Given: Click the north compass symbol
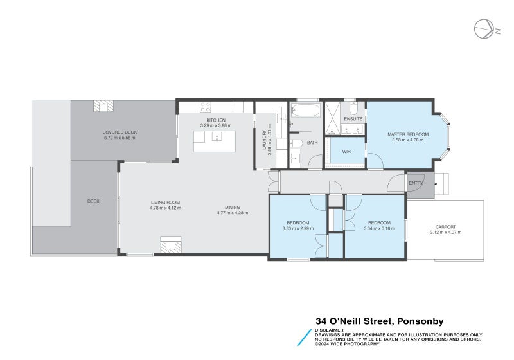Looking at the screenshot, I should point(484,29).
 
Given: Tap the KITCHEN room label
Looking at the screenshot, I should point(215,120).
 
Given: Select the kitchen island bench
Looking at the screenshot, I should point(215,141).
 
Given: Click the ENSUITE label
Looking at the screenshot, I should point(353,119).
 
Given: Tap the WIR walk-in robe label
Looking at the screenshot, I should point(346,152).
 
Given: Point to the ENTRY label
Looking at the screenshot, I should point(416,184).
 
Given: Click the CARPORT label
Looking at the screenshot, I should point(445,227).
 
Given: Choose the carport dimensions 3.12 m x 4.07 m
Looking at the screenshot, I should point(445,232).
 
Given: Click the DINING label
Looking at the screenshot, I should point(232,207).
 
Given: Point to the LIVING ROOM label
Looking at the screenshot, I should point(165,203).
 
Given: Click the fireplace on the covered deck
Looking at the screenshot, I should point(103,106).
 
